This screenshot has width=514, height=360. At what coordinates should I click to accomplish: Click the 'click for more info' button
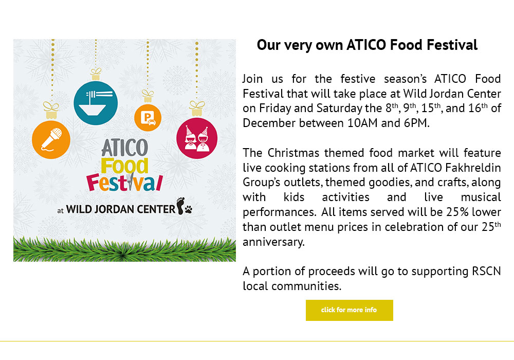point(349,310)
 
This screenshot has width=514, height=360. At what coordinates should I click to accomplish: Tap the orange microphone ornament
point(51,140)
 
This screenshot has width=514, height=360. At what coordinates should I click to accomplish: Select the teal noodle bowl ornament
point(96,103)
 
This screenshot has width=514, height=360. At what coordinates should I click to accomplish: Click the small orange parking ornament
point(148,118)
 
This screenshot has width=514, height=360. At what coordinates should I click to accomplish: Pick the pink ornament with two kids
point(197,138)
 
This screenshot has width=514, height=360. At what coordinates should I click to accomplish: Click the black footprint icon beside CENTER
point(180,206)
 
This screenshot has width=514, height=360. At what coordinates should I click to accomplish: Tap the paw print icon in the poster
point(189,209)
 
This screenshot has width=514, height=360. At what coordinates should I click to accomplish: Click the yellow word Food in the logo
point(124,166)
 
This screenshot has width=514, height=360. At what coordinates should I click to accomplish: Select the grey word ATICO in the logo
point(124,148)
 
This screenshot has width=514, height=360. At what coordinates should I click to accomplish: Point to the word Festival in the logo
point(124,183)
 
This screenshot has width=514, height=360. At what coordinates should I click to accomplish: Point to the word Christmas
point(293,153)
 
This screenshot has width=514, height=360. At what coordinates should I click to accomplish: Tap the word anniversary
point(274,242)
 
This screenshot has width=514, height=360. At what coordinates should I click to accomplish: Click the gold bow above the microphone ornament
point(51,107)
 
